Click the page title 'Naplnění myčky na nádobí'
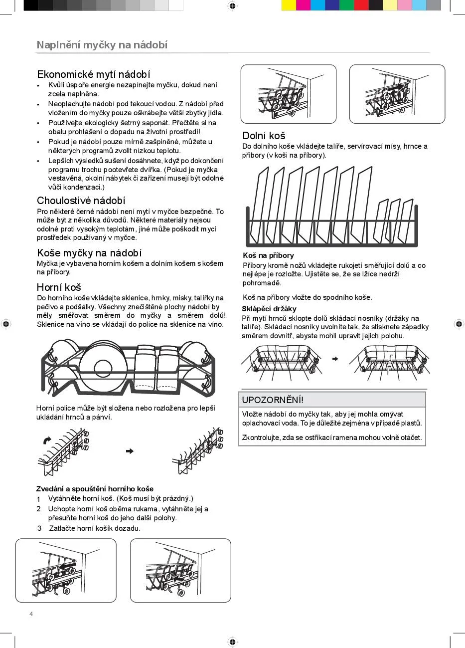[x=102, y=45]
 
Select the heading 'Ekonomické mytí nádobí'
[x=94, y=74]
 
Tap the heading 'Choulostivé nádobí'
[x=81, y=201]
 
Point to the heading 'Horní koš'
[x=59, y=287]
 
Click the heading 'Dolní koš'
[x=264, y=136]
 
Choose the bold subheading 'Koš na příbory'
[x=268, y=256]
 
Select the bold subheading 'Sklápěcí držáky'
[x=269, y=309]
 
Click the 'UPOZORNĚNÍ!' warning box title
[x=273, y=400]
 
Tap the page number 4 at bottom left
[x=31, y=614]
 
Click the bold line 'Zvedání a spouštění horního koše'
[x=95, y=489]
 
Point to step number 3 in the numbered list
[x=39, y=528]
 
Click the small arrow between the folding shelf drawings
[x=130, y=451]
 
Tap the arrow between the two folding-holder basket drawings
[x=335, y=359]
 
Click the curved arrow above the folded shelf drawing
[x=47, y=440]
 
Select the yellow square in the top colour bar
[x=289, y=5]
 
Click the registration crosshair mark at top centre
[x=232, y=5]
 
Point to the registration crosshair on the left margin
[x=5, y=324]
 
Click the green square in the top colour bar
[x=347, y=5]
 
